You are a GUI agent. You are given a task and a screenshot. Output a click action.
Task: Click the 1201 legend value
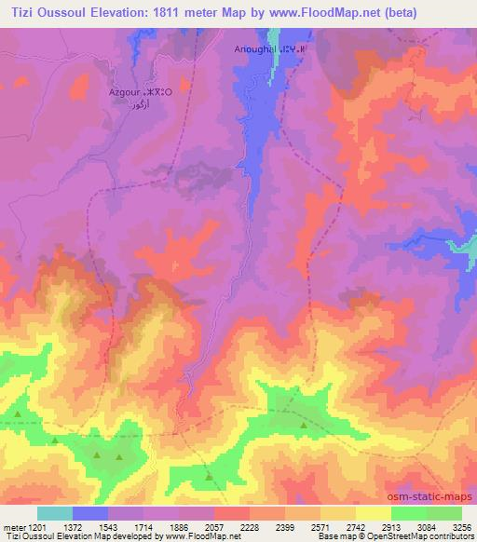tap(36, 526)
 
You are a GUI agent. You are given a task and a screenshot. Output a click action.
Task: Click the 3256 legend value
tap(462, 526)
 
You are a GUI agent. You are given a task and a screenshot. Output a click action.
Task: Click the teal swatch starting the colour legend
tap(55, 513)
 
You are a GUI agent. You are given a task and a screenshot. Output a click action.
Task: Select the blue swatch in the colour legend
tap(90, 513)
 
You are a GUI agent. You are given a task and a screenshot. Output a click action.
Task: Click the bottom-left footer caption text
tap(116, 536)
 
